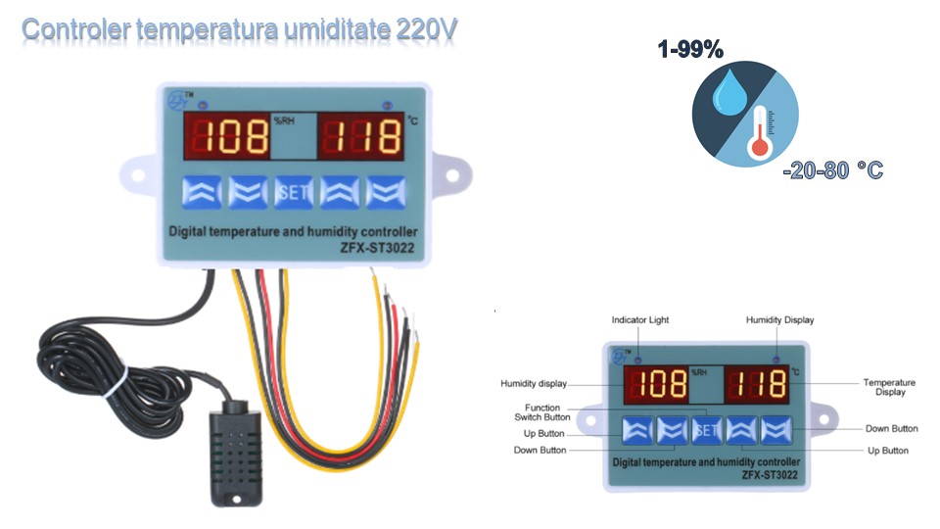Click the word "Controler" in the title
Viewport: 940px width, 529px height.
tap(75, 29)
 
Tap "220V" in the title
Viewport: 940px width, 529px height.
tap(426, 29)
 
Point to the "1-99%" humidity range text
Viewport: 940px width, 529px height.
tap(690, 49)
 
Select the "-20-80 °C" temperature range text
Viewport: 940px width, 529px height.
tap(833, 170)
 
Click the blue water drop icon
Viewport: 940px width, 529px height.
tap(728, 92)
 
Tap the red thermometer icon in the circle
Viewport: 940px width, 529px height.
tap(760, 132)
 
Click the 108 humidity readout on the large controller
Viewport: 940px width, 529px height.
tap(226, 136)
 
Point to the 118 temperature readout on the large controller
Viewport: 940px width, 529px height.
tap(362, 136)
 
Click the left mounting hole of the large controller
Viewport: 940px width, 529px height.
tap(138, 175)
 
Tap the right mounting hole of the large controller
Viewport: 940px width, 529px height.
tap(452, 175)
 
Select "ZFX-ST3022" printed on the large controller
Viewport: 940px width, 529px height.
tap(377, 248)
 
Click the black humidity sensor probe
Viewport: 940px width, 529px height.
tap(236, 454)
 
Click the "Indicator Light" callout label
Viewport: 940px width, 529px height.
tap(640, 319)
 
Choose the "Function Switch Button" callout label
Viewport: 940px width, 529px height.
tap(541, 412)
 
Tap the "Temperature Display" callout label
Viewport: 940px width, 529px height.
tap(890, 387)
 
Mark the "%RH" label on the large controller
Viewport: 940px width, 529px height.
tap(284, 120)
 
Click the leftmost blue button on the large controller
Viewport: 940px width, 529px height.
tap(202, 192)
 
